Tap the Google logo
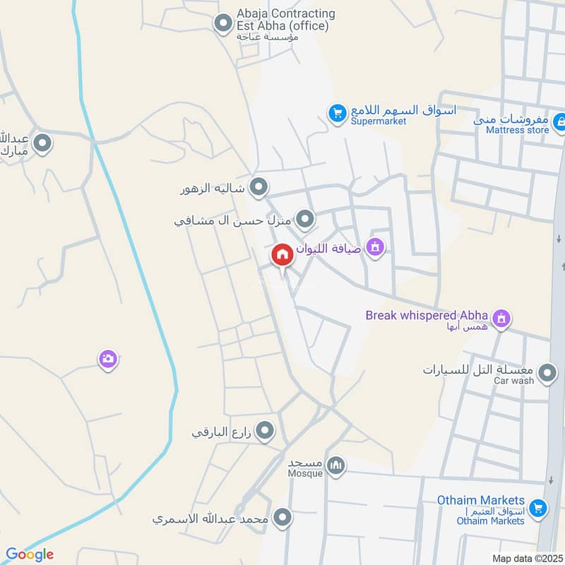click(29, 554)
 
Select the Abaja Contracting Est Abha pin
click(223, 25)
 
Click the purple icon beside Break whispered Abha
click(501, 319)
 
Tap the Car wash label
click(513, 381)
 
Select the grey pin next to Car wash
click(547, 373)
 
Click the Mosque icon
click(337, 465)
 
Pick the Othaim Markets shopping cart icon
click(538, 507)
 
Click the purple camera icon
click(107, 359)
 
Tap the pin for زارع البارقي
click(265, 430)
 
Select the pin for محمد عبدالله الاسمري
click(282, 518)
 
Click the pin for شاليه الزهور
click(259, 187)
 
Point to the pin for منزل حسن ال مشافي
click(305, 220)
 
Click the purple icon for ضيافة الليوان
click(376, 246)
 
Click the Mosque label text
click(305, 473)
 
